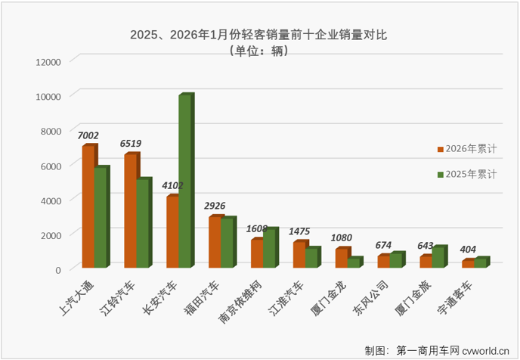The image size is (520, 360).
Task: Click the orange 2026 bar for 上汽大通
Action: tap(88, 206)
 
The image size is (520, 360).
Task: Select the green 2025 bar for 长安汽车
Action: tap(184, 182)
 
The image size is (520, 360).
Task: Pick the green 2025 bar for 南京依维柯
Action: tap(268, 248)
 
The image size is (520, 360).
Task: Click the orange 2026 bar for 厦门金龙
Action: tap(342, 258)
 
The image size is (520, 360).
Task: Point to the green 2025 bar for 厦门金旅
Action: tap(438, 257)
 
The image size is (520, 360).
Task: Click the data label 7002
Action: tap(91, 135)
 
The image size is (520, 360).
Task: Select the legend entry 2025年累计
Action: tap(468, 175)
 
